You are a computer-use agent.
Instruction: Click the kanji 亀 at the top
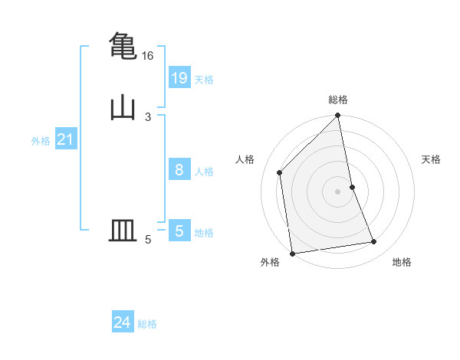(x=123, y=45)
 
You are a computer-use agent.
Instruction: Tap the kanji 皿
(x=123, y=231)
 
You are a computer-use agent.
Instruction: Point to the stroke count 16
(x=147, y=56)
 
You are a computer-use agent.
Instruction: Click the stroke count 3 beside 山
(x=147, y=117)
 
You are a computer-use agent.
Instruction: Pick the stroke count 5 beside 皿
(x=147, y=240)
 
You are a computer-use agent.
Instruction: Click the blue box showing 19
(x=179, y=77)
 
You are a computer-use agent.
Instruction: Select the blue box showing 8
(x=179, y=170)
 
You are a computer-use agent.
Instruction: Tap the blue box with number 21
(x=65, y=139)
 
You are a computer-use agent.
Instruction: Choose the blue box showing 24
(x=123, y=322)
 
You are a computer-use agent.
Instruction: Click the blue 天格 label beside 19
(x=204, y=80)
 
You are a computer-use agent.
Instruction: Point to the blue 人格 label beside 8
(x=204, y=172)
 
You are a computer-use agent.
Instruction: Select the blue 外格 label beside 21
(x=41, y=141)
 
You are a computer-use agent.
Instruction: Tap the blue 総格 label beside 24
(x=147, y=324)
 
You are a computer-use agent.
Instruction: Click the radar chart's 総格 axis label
(x=338, y=100)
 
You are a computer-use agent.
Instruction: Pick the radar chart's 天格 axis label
(x=432, y=159)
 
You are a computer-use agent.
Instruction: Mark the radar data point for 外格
(x=292, y=253)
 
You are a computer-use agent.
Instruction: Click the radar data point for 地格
(x=374, y=242)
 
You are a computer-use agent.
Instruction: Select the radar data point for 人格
(x=280, y=172)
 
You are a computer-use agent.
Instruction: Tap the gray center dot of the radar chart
(x=338, y=191)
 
